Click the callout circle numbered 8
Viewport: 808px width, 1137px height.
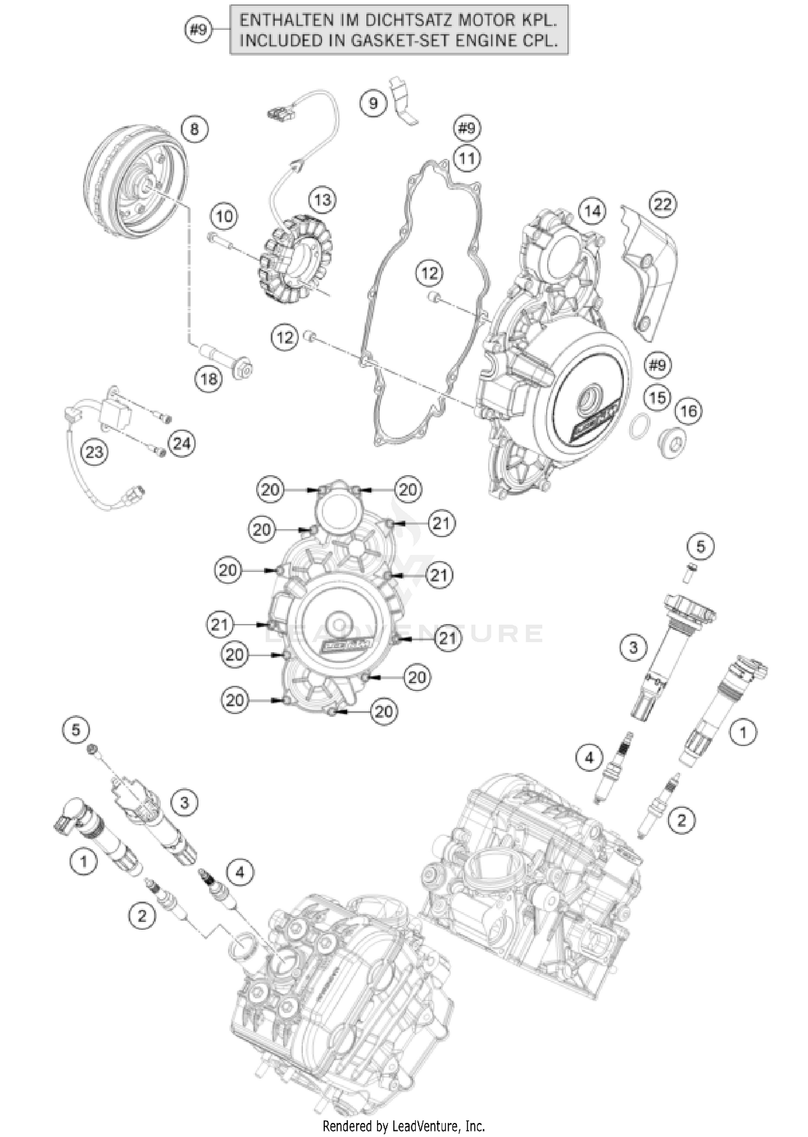click(194, 129)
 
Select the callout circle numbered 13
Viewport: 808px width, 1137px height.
click(322, 200)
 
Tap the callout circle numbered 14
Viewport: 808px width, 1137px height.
click(592, 211)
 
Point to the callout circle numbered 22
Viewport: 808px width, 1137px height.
click(663, 204)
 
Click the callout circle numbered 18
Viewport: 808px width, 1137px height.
click(209, 379)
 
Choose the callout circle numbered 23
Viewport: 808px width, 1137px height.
click(94, 452)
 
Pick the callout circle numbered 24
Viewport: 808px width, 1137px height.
click(182, 444)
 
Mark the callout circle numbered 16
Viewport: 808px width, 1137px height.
click(688, 411)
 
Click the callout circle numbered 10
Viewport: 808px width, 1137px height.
click(224, 217)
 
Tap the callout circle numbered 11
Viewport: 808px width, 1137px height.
click(466, 159)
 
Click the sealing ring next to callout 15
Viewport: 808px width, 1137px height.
click(639, 425)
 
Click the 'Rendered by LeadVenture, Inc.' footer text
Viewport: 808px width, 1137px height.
click(403, 1125)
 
